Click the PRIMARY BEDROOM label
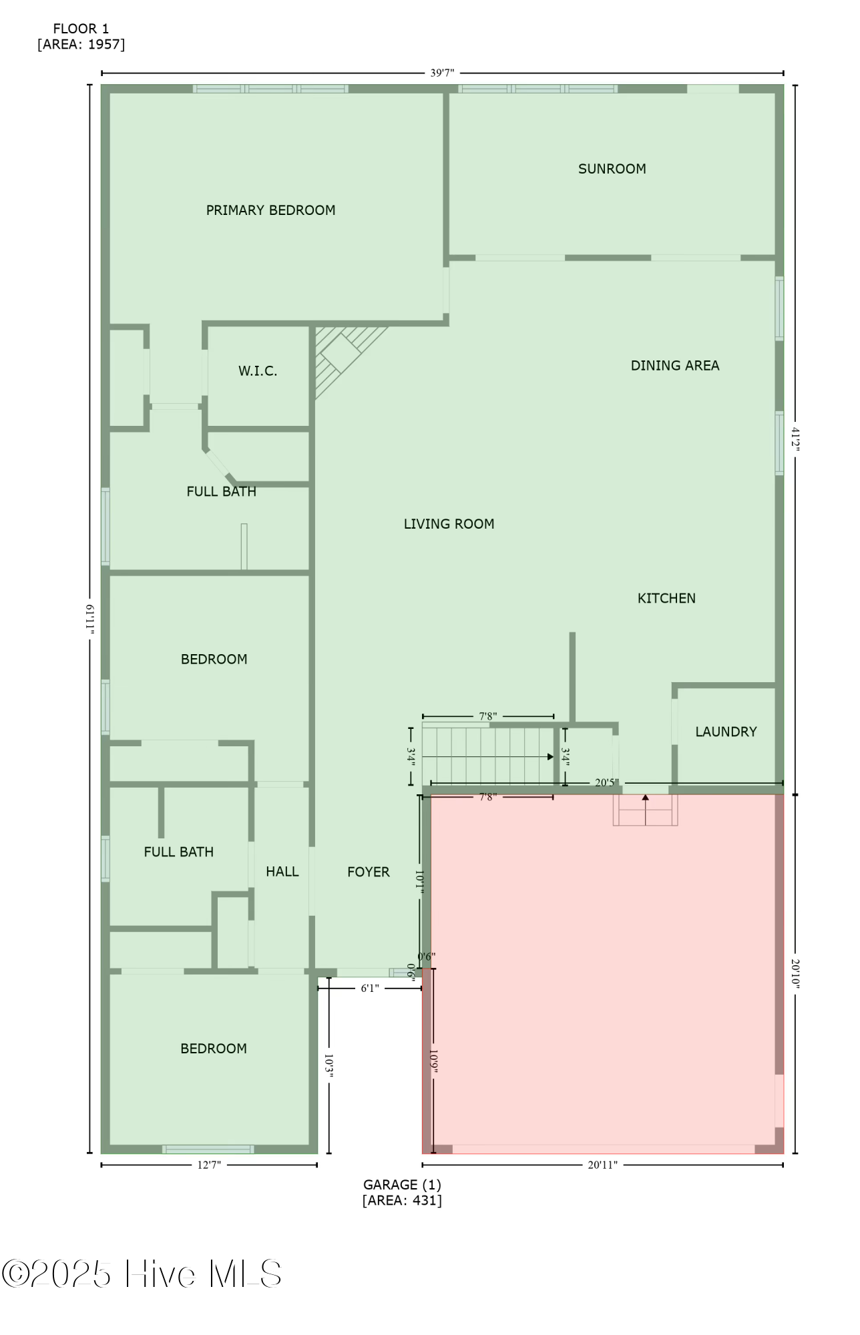coord(270,210)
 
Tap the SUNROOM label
coord(612,169)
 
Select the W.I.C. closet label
coord(258,371)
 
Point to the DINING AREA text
coord(674,366)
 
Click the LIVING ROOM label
coord(449,524)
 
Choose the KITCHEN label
coord(666,598)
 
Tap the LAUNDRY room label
coord(726,732)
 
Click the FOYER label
coord(368,872)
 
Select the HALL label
coord(282,871)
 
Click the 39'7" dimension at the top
coord(442,73)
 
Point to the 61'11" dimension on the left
coord(89,619)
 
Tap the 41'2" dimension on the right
coord(795,439)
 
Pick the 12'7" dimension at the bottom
coord(209,1165)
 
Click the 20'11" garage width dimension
coord(602,1165)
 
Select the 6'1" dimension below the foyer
coord(370,988)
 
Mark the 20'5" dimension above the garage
coord(607,782)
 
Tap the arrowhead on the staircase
coord(550,756)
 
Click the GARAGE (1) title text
coord(402,1184)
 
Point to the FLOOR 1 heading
coord(81,29)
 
